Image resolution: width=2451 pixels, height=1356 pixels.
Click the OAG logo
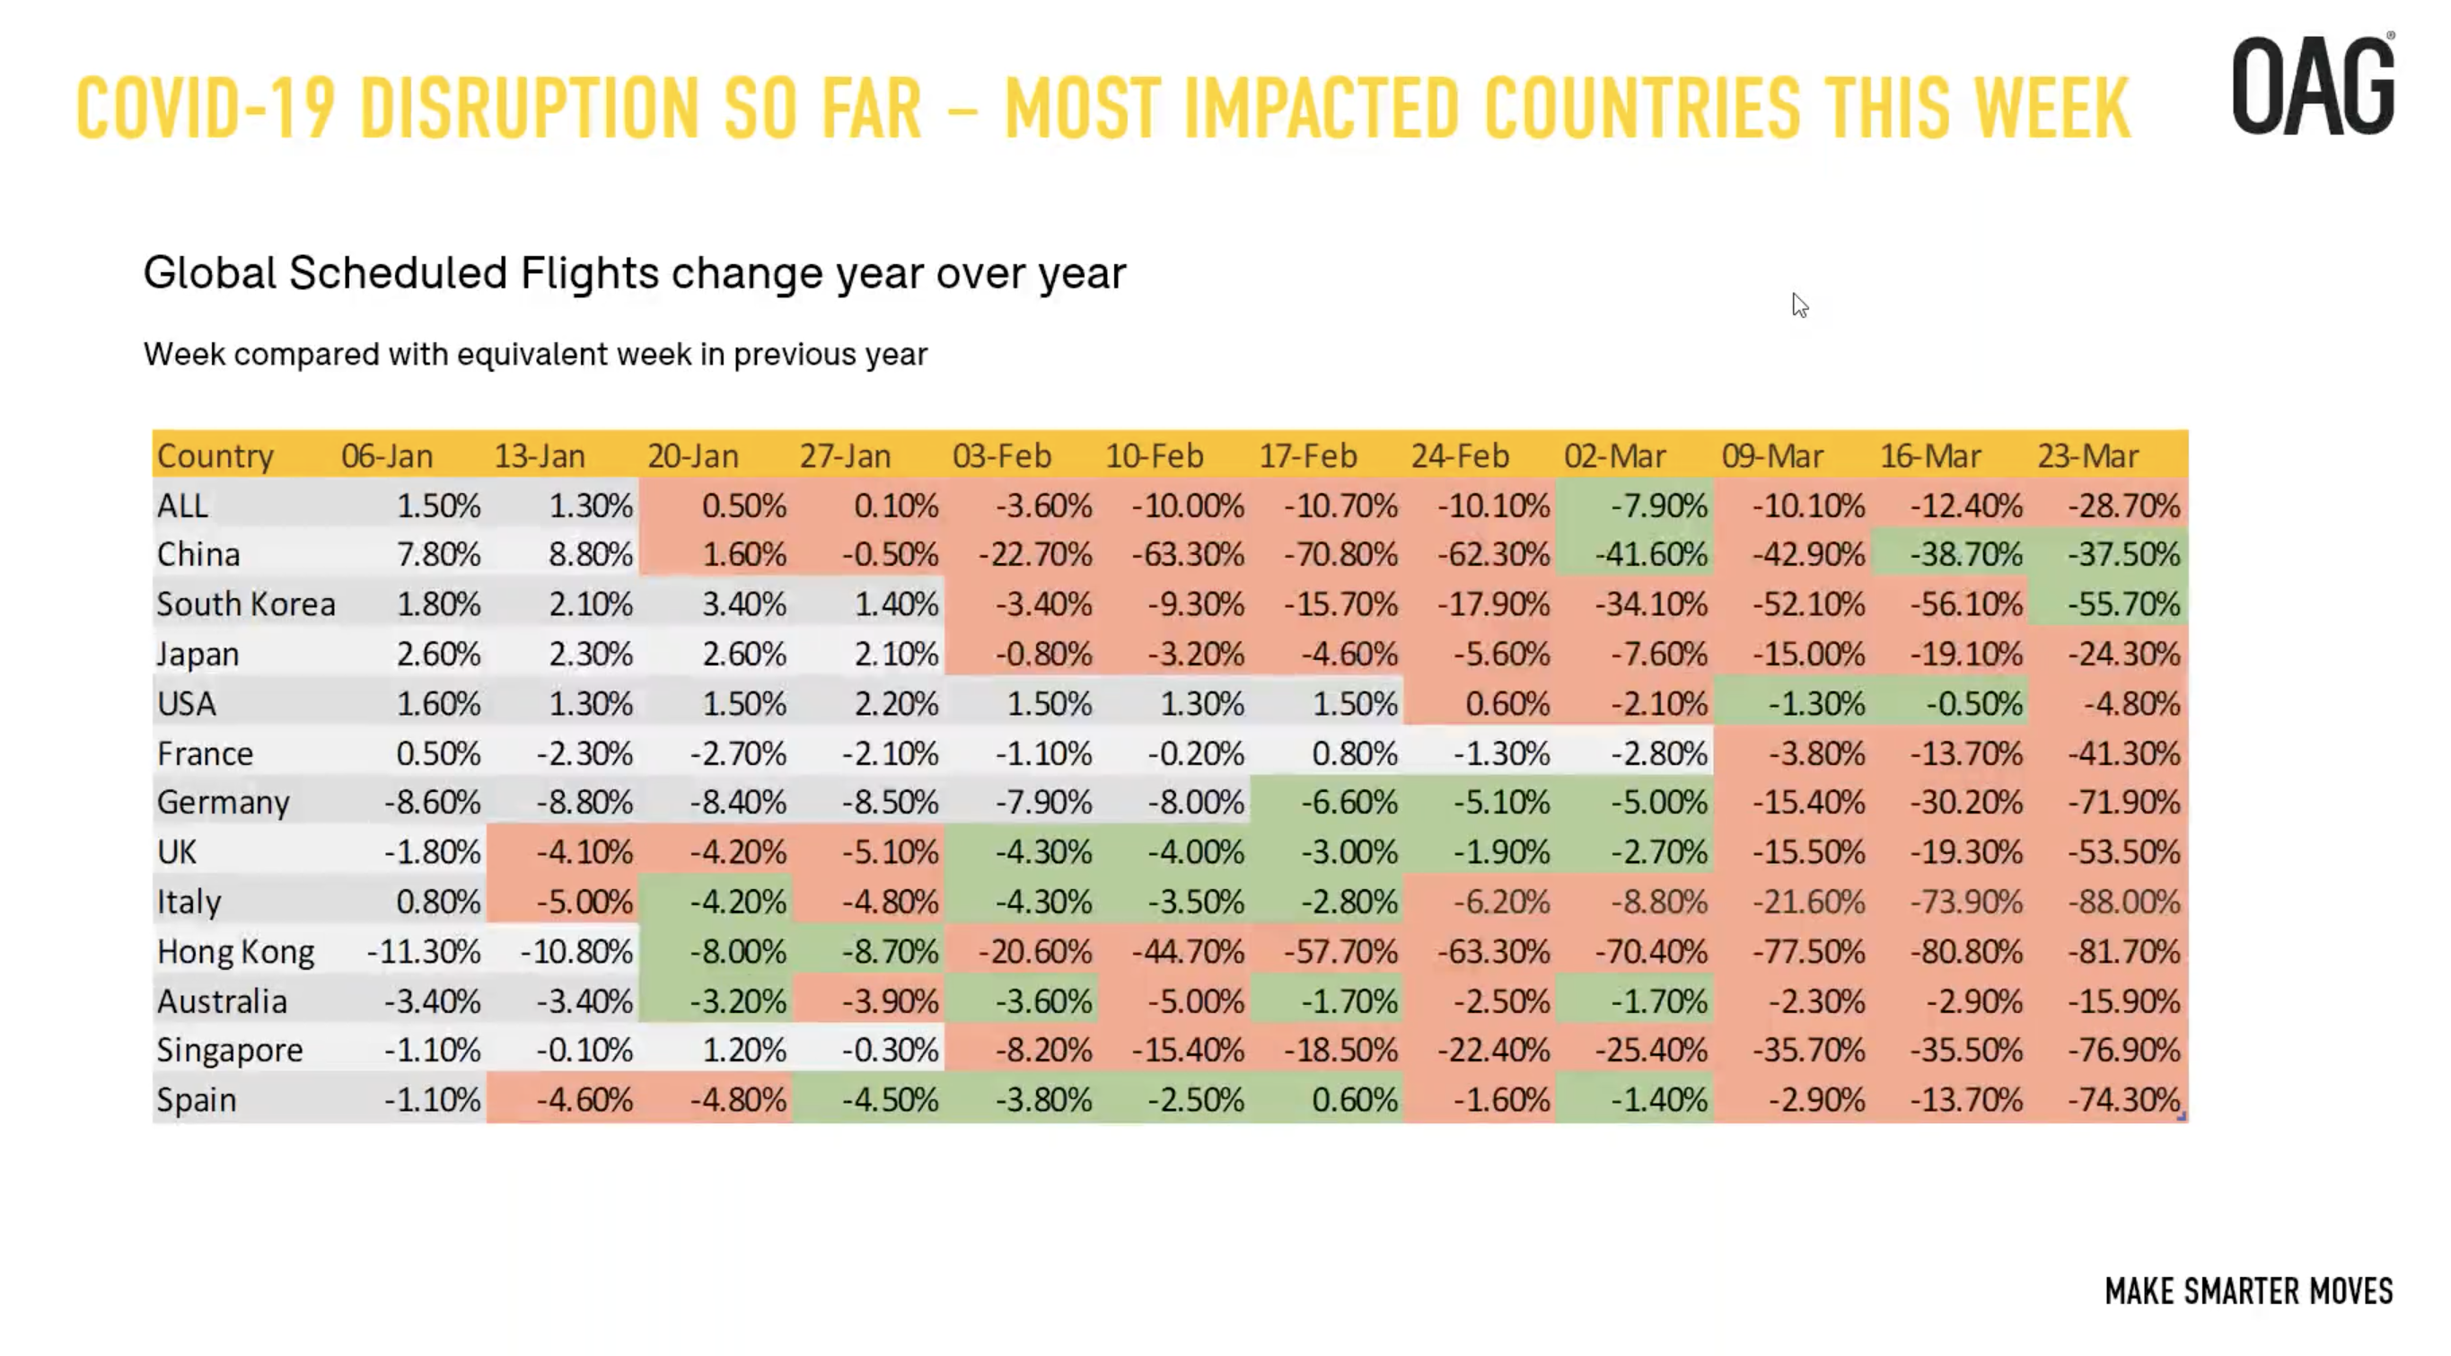pos(2312,85)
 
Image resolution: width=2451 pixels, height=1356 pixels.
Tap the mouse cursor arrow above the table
pos(1798,305)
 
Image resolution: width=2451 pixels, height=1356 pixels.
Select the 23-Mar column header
pos(2087,456)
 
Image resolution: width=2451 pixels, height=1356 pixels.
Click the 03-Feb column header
pos(1002,456)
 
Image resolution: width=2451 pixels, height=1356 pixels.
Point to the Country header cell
pos(215,456)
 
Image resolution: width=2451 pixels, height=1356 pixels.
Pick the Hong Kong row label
pos(235,952)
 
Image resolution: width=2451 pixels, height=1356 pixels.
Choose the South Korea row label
pos(245,604)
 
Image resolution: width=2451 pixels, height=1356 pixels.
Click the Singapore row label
pos(229,1050)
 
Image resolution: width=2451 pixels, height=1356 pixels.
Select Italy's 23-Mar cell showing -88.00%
pos(2122,901)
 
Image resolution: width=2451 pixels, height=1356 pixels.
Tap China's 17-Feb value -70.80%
pos(1340,555)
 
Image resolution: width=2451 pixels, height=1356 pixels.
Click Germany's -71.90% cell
pos(2122,802)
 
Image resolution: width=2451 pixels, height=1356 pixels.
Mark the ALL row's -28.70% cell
pos(2122,506)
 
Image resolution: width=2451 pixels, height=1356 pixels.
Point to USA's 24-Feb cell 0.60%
pos(1507,704)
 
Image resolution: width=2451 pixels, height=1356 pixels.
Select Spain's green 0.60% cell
pos(1354,1100)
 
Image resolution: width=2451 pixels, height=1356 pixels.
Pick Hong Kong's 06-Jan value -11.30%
pos(424,952)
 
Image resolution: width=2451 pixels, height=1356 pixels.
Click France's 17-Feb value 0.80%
pos(1354,753)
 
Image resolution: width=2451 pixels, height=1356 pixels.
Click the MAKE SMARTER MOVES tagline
pos(2247,1291)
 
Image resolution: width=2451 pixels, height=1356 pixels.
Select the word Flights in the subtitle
pos(589,274)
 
